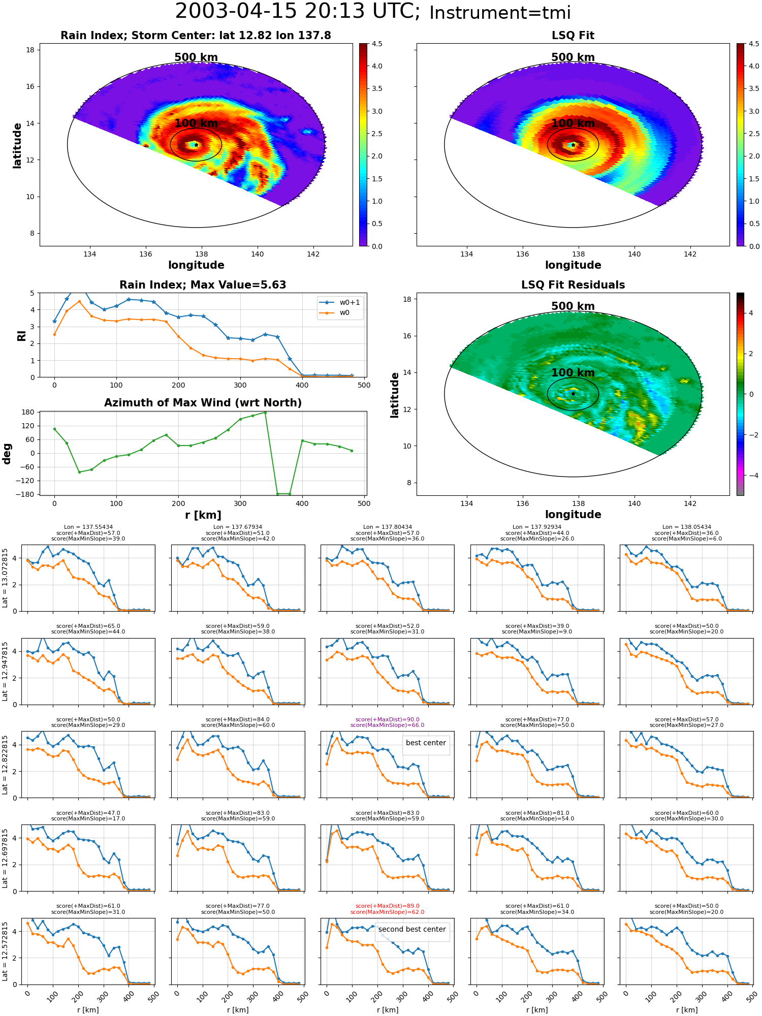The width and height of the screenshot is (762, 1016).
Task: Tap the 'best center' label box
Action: [x=426, y=743]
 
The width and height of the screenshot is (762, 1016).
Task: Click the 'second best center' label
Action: [x=412, y=929]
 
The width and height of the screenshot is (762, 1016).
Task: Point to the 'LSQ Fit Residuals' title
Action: [x=573, y=285]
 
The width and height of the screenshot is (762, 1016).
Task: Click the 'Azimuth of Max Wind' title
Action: [x=203, y=403]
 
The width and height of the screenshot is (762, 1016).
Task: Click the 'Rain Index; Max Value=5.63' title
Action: [x=203, y=285]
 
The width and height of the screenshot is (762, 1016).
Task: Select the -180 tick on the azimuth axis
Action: [x=26, y=494]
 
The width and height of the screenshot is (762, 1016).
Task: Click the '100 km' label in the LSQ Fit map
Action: [x=573, y=123]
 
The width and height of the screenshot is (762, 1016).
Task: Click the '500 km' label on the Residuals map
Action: [x=573, y=306]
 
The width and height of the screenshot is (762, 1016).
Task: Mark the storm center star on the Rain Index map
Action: [x=196, y=145]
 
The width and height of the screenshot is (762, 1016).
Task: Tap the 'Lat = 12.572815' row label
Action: [x=5, y=951]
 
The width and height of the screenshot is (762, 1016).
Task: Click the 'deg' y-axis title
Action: [x=7, y=454]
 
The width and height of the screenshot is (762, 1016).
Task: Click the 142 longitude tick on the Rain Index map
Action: [x=313, y=254]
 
